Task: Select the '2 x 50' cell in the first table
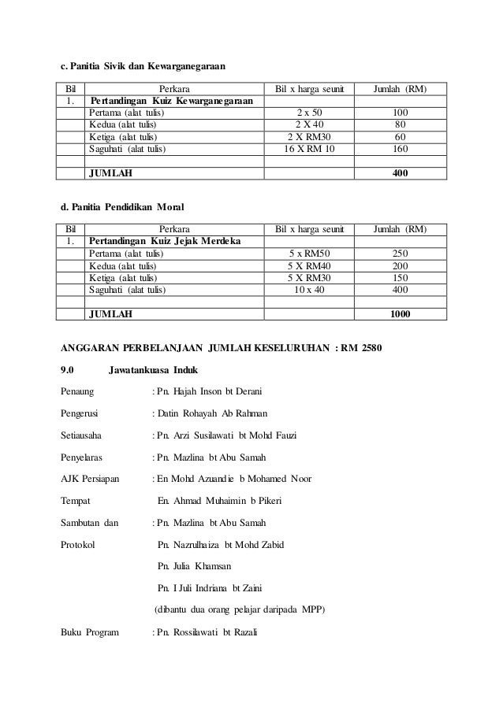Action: click(x=308, y=113)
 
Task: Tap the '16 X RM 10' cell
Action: click(x=308, y=148)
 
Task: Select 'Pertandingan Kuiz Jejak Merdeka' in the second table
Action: click(x=165, y=241)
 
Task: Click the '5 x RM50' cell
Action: click(x=308, y=253)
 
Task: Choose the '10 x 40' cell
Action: click(x=308, y=288)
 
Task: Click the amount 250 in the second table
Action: click(x=401, y=253)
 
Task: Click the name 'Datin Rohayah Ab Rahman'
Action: click(x=213, y=413)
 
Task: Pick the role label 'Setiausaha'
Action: click(x=83, y=435)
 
